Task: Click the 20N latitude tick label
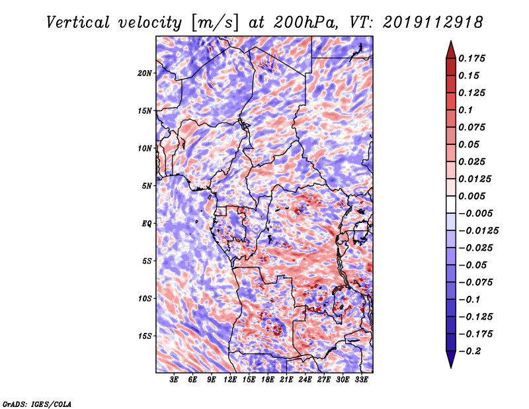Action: point(145,73)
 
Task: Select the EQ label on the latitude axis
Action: point(146,224)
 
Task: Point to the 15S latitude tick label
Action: point(145,336)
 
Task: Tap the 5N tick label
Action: point(147,186)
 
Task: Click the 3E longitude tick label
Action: point(174,379)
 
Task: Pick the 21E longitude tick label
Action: point(286,379)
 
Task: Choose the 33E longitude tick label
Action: point(361,379)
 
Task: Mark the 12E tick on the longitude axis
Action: point(229,379)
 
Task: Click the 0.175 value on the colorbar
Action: point(471,58)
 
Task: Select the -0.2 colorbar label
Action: point(469,351)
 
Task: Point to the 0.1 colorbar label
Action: point(466,110)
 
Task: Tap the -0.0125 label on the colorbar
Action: point(478,231)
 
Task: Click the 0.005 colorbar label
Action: point(471,196)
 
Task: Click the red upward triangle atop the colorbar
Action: point(451,50)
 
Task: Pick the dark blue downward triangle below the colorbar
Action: point(451,359)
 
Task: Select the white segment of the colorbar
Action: point(451,204)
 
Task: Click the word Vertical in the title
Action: point(78,23)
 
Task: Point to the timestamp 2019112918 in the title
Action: point(433,23)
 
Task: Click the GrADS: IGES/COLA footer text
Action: point(37,404)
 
